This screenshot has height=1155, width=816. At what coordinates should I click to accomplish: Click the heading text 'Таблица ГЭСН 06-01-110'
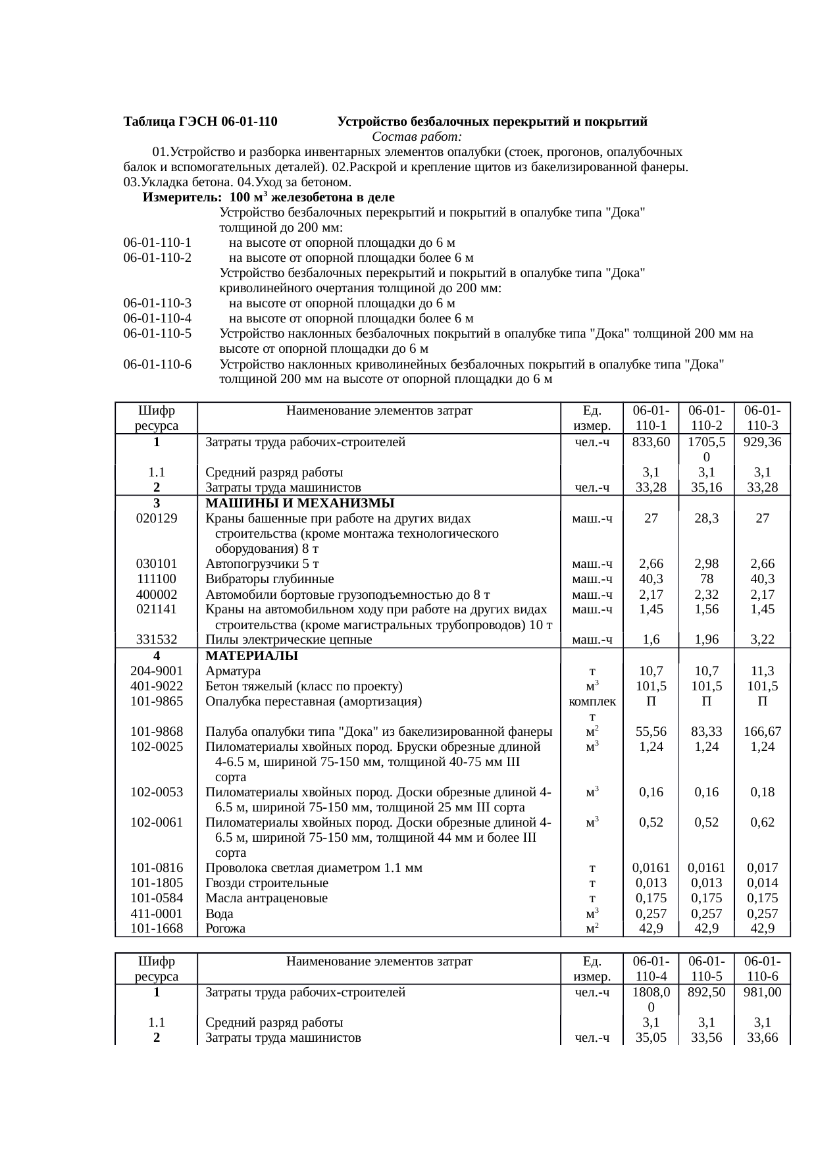point(200,122)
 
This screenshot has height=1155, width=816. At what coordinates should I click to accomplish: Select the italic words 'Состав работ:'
point(417,137)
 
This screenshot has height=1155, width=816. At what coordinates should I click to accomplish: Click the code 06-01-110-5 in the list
point(157,334)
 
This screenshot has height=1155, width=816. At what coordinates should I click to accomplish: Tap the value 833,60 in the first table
point(651,442)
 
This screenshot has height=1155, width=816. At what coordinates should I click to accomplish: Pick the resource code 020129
point(156,518)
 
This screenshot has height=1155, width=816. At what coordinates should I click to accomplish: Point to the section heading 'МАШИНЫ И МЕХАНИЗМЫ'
point(299,503)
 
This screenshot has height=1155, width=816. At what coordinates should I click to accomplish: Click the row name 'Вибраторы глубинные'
point(269,579)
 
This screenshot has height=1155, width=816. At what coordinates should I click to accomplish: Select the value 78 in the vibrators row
point(706,579)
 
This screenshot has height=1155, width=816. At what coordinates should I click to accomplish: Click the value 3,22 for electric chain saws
point(762,640)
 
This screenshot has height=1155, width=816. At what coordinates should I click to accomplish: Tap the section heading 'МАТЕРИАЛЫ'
point(251,656)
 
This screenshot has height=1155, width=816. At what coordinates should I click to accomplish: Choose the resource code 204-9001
point(156,671)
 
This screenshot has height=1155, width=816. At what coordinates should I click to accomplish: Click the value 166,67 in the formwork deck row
point(762,731)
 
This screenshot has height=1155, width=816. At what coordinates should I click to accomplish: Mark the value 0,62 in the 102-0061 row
point(762,822)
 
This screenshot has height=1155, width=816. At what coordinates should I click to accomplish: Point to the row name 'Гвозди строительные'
point(267,883)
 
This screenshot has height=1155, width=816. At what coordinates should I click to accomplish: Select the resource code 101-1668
point(156,929)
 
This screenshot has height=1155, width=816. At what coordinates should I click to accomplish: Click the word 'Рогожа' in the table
point(225,929)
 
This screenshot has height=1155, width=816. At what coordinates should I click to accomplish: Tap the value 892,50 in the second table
point(706,992)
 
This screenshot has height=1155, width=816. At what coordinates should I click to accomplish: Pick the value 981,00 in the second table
point(762,992)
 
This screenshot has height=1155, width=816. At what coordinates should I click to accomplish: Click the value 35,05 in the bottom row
point(651,1038)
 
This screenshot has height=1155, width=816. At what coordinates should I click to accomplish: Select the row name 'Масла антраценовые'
point(267,898)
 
